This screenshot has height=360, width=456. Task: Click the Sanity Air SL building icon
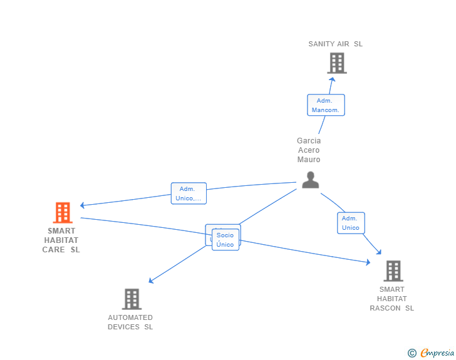(x=336, y=63)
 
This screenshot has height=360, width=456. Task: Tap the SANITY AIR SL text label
(x=335, y=44)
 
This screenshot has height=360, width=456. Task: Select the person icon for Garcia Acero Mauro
(x=310, y=180)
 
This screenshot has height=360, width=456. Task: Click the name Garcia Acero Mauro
(x=309, y=150)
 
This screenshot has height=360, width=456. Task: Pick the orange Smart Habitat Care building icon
(x=62, y=213)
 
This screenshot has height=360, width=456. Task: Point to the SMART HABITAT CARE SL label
(x=61, y=240)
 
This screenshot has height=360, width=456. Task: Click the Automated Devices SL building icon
(x=132, y=299)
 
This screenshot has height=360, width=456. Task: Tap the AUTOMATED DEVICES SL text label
(x=130, y=322)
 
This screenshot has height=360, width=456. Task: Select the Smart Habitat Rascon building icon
(x=393, y=271)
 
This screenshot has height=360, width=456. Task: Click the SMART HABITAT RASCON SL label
(x=392, y=299)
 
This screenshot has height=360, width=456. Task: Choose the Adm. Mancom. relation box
(x=326, y=105)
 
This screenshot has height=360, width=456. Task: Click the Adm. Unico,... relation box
(x=189, y=193)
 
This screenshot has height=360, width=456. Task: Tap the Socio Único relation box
(x=225, y=240)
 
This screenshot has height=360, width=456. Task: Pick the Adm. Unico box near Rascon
(x=351, y=223)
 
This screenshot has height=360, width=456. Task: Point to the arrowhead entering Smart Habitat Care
(x=82, y=205)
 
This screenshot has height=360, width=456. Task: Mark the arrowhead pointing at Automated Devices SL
(x=151, y=281)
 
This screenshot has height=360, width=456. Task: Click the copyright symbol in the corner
(x=412, y=353)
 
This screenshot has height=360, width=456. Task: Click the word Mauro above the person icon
(x=309, y=160)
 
